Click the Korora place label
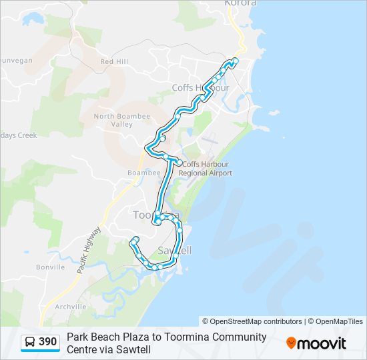coord(241,3)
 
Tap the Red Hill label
coord(113,61)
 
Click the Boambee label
coord(140,173)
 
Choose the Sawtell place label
coord(175,251)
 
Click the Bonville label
coord(51,267)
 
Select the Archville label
coord(71,307)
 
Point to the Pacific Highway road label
coord(89,250)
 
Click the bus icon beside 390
coord(31,342)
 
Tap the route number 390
coord(48,342)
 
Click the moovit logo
coord(316,343)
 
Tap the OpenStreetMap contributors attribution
coord(252,321)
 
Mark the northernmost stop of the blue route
coord(236,61)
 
